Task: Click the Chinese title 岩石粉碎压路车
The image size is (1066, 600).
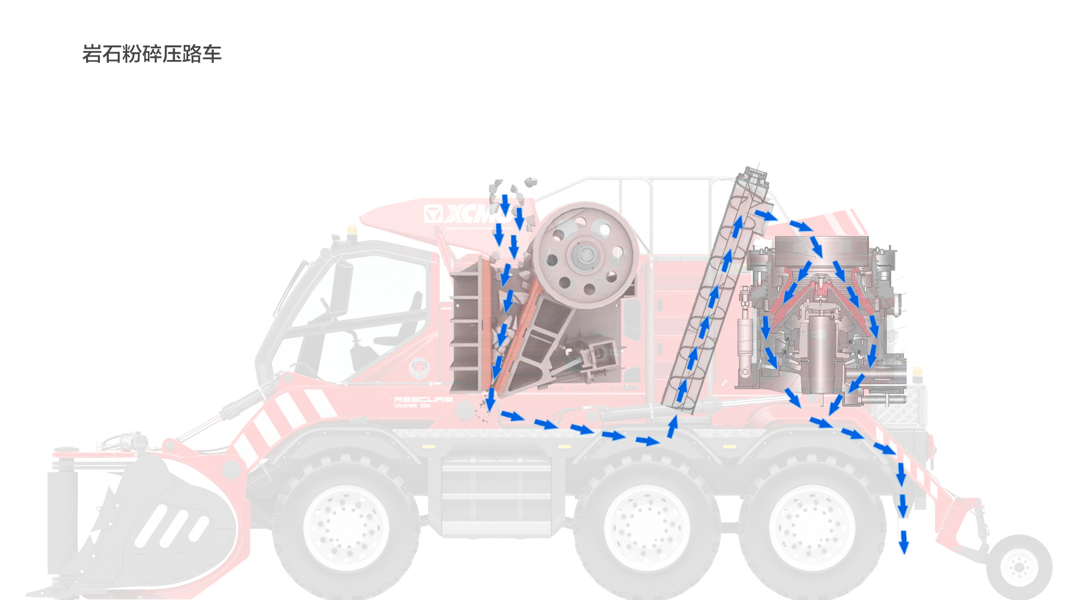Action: [152, 54]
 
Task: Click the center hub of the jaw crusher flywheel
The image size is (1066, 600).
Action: [586, 256]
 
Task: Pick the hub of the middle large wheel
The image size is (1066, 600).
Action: [646, 527]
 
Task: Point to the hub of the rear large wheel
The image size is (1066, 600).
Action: [812, 527]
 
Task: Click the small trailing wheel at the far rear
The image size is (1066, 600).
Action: [1019, 567]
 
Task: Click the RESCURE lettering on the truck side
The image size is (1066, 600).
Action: [423, 399]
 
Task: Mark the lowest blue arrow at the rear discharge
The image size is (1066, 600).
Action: [904, 542]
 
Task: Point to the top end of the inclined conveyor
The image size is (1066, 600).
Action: [753, 175]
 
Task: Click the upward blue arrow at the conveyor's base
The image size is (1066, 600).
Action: [672, 427]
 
